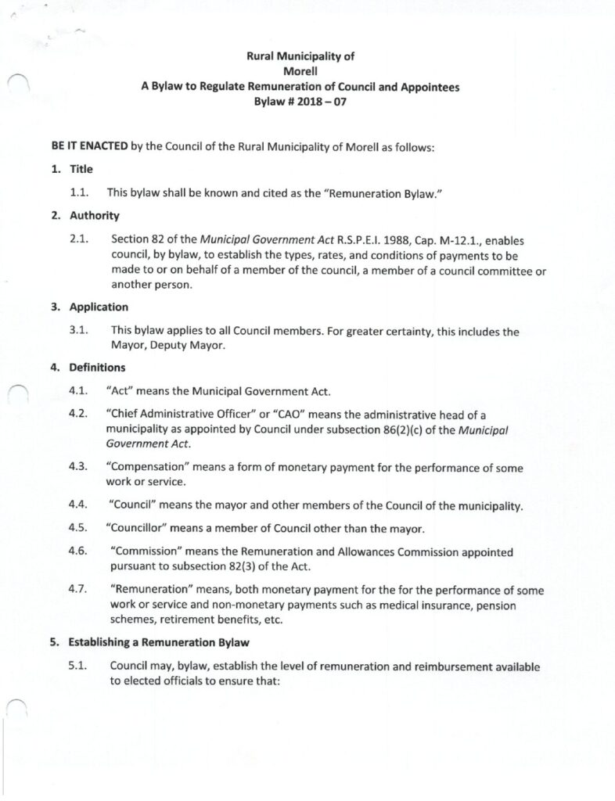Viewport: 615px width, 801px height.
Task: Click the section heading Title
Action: click(x=81, y=169)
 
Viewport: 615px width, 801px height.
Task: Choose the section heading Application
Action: click(x=99, y=307)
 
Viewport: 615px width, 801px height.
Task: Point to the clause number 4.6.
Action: click(x=78, y=551)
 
